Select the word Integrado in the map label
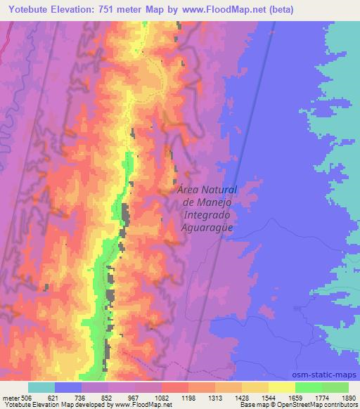[x=207, y=214]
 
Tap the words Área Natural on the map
[x=207, y=190]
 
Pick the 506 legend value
[x=25, y=397]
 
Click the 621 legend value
[x=55, y=397]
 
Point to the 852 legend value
[x=110, y=397]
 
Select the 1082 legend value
[x=162, y=397]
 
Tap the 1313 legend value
[x=217, y=397]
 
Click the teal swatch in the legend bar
[x=41, y=387]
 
